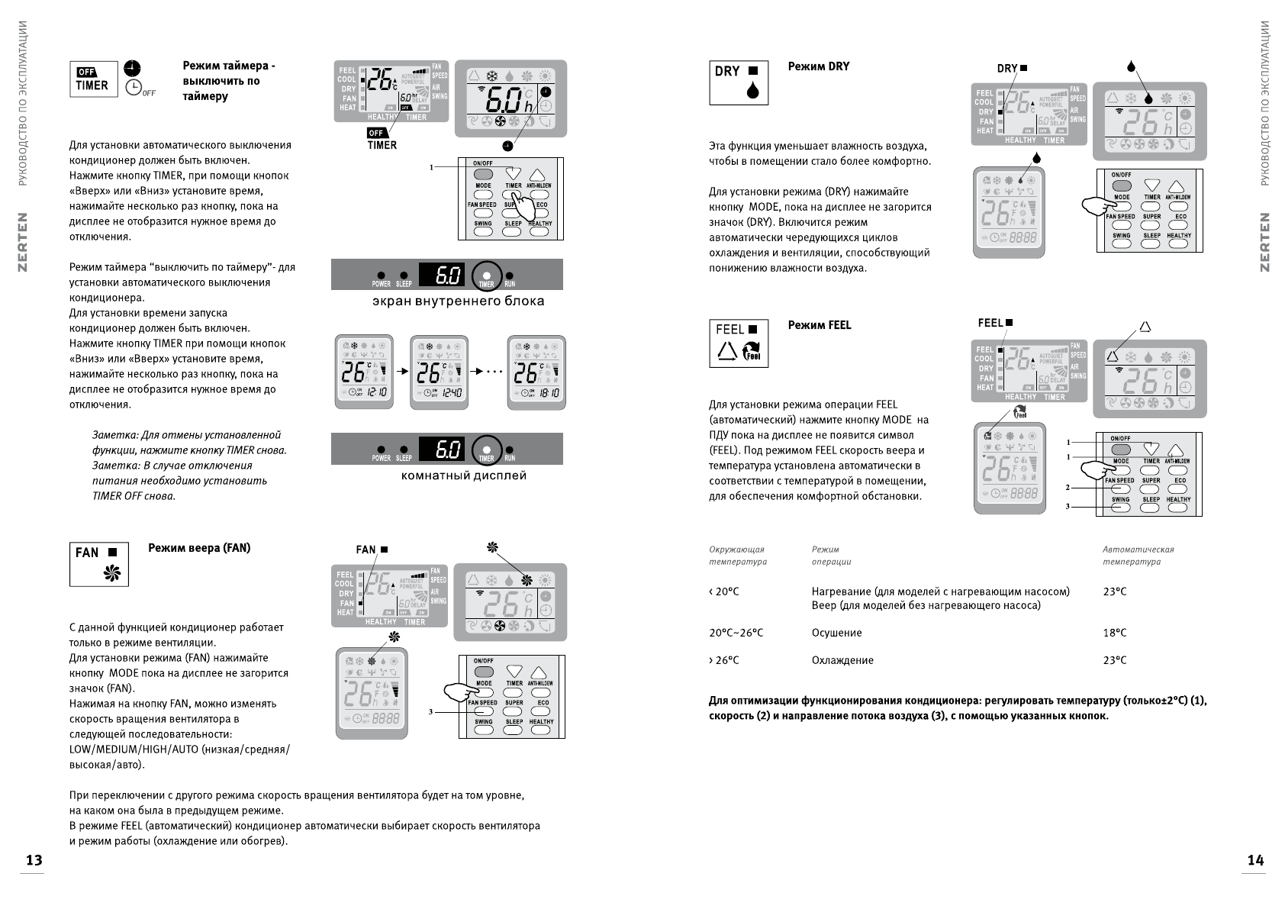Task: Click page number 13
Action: pos(34,860)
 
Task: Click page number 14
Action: pos(1255,860)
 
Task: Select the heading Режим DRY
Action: pos(818,66)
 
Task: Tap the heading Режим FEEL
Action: pos(819,325)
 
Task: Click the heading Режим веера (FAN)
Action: pos(198,548)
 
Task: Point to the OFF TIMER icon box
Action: pos(94,79)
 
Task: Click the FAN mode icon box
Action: pos(99,564)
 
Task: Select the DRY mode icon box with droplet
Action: pos(739,82)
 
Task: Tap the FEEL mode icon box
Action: pos(739,343)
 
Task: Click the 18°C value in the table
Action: pos(1114,633)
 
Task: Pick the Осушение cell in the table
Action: pos(836,633)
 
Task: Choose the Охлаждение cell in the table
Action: pos(842,660)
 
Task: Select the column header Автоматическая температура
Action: pos(1138,555)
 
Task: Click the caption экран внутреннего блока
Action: pos(458,301)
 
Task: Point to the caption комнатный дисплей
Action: pos(464,475)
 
